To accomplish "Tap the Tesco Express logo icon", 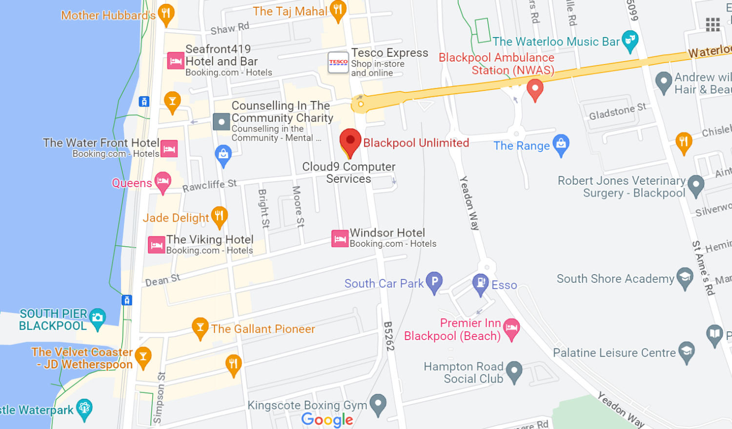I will [338, 63].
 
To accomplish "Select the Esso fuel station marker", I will [481, 283].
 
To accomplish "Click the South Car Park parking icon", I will [434, 281].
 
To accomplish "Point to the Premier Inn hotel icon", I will [511, 328].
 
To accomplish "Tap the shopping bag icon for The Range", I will [561, 144].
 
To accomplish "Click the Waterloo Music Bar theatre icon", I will [630, 40].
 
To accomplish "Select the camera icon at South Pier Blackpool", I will [98, 318].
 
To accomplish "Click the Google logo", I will [327, 419].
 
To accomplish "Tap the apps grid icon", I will [712, 24].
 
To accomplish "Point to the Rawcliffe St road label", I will [209, 186].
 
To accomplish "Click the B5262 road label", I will [388, 336].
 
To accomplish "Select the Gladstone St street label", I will [617, 111].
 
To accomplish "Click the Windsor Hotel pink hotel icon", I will [340, 238].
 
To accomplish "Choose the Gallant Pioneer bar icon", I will [200, 327].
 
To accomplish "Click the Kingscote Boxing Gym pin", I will [378, 404].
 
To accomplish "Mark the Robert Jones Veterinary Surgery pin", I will [695, 185].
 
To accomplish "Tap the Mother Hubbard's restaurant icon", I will [166, 13].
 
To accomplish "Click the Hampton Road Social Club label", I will [464, 372].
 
